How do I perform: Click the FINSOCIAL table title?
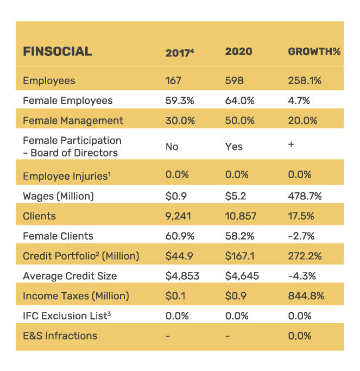pyautogui.click(x=58, y=52)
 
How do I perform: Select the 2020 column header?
pyautogui.click(x=238, y=52)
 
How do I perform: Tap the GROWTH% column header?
pyautogui.click(x=314, y=52)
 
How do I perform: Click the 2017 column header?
pyautogui.click(x=179, y=53)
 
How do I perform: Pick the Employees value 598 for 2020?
pyautogui.click(x=234, y=81)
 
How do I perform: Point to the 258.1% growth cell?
pyautogui.click(x=305, y=81)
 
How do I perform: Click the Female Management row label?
pyautogui.click(x=73, y=121)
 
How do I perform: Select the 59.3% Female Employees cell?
pyautogui.click(x=179, y=100)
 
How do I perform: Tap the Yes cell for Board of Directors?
pyautogui.click(x=233, y=147)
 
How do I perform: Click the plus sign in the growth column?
pyautogui.click(x=291, y=145)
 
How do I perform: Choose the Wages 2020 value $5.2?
pyautogui.click(x=235, y=196)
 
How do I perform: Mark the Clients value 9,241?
pyautogui.click(x=180, y=216)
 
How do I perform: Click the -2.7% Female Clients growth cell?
pyautogui.click(x=301, y=236)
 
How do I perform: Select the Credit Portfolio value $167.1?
pyautogui.click(x=239, y=256)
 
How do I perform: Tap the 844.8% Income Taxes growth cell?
pyautogui.click(x=306, y=296)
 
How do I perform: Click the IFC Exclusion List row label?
pyautogui.click(x=63, y=316)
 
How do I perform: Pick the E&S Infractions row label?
pyautogui.click(x=60, y=336)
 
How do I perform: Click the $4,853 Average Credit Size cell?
pyautogui.click(x=182, y=276)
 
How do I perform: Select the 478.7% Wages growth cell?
pyautogui.click(x=305, y=196)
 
